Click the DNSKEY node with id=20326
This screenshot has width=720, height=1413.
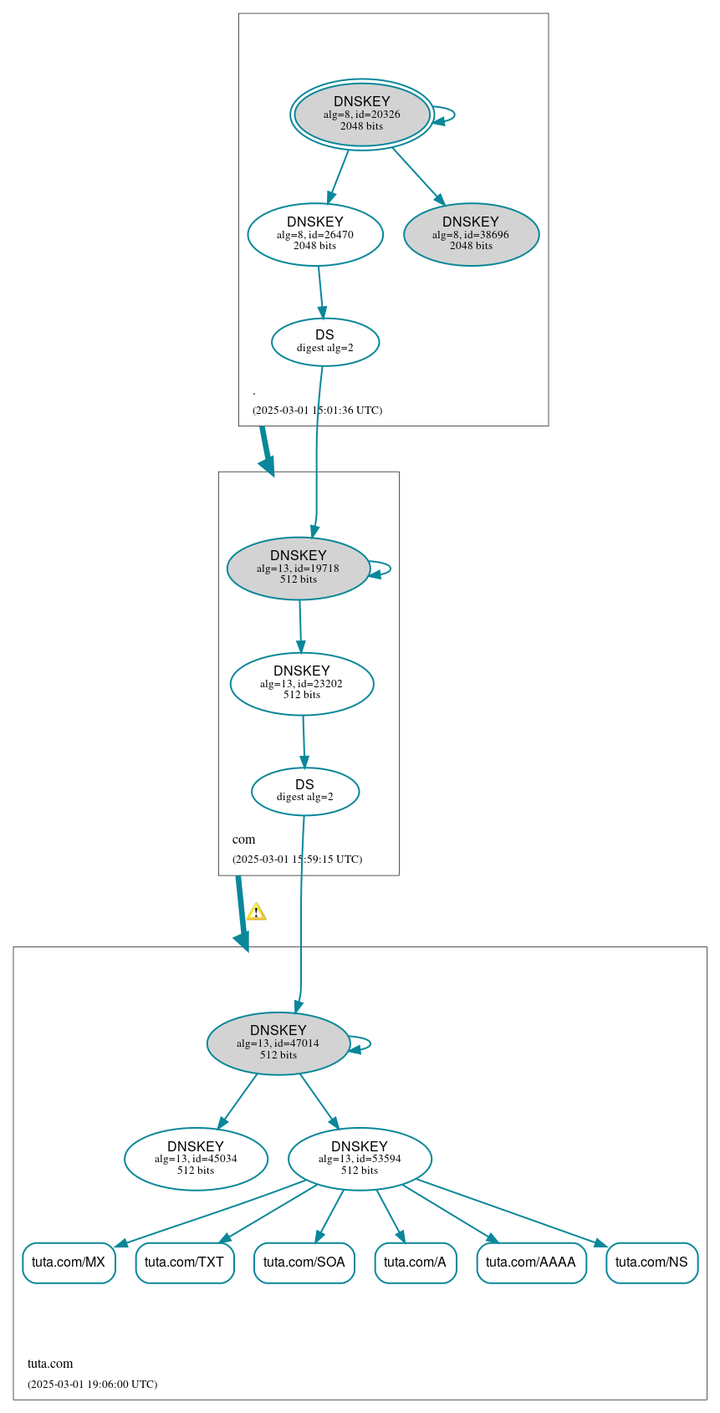[362, 115]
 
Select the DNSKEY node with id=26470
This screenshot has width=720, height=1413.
[315, 234]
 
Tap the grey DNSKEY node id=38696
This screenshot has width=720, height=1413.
[471, 234]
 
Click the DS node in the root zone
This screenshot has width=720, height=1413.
[325, 341]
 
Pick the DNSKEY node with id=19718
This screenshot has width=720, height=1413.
[299, 568]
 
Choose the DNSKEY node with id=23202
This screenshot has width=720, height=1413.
[302, 683]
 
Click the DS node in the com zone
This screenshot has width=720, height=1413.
[305, 790]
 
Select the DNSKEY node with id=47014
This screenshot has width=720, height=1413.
[278, 1043]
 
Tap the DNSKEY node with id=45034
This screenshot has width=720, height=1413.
[196, 1159]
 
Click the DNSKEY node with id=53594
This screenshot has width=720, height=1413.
[360, 1159]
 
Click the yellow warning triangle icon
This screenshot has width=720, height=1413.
[256, 911]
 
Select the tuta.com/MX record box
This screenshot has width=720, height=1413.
[69, 1262]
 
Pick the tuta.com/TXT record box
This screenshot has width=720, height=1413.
[185, 1262]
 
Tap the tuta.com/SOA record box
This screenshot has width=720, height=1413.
[304, 1262]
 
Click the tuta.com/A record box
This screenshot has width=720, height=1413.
[416, 1262]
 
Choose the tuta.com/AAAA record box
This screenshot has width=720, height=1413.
[531, 1262]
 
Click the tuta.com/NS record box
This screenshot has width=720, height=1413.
[651, 1262]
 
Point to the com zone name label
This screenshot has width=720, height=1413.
[244, 839]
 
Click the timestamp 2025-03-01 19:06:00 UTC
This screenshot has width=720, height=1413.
[92, 1384]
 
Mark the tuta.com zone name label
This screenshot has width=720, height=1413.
[50, 1364]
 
